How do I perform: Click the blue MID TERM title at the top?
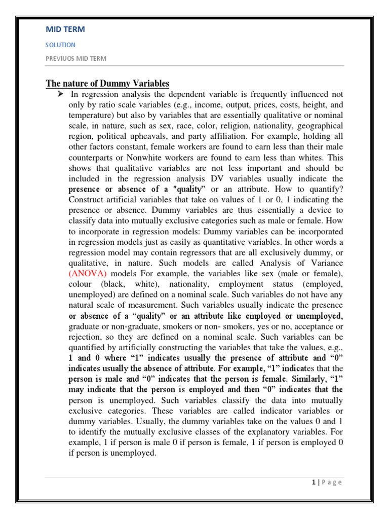point(65,29)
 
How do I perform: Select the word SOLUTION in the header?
point(60,45)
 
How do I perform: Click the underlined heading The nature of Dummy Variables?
point(107,84)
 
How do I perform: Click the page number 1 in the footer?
point(314,483)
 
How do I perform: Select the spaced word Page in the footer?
point(331,483)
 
